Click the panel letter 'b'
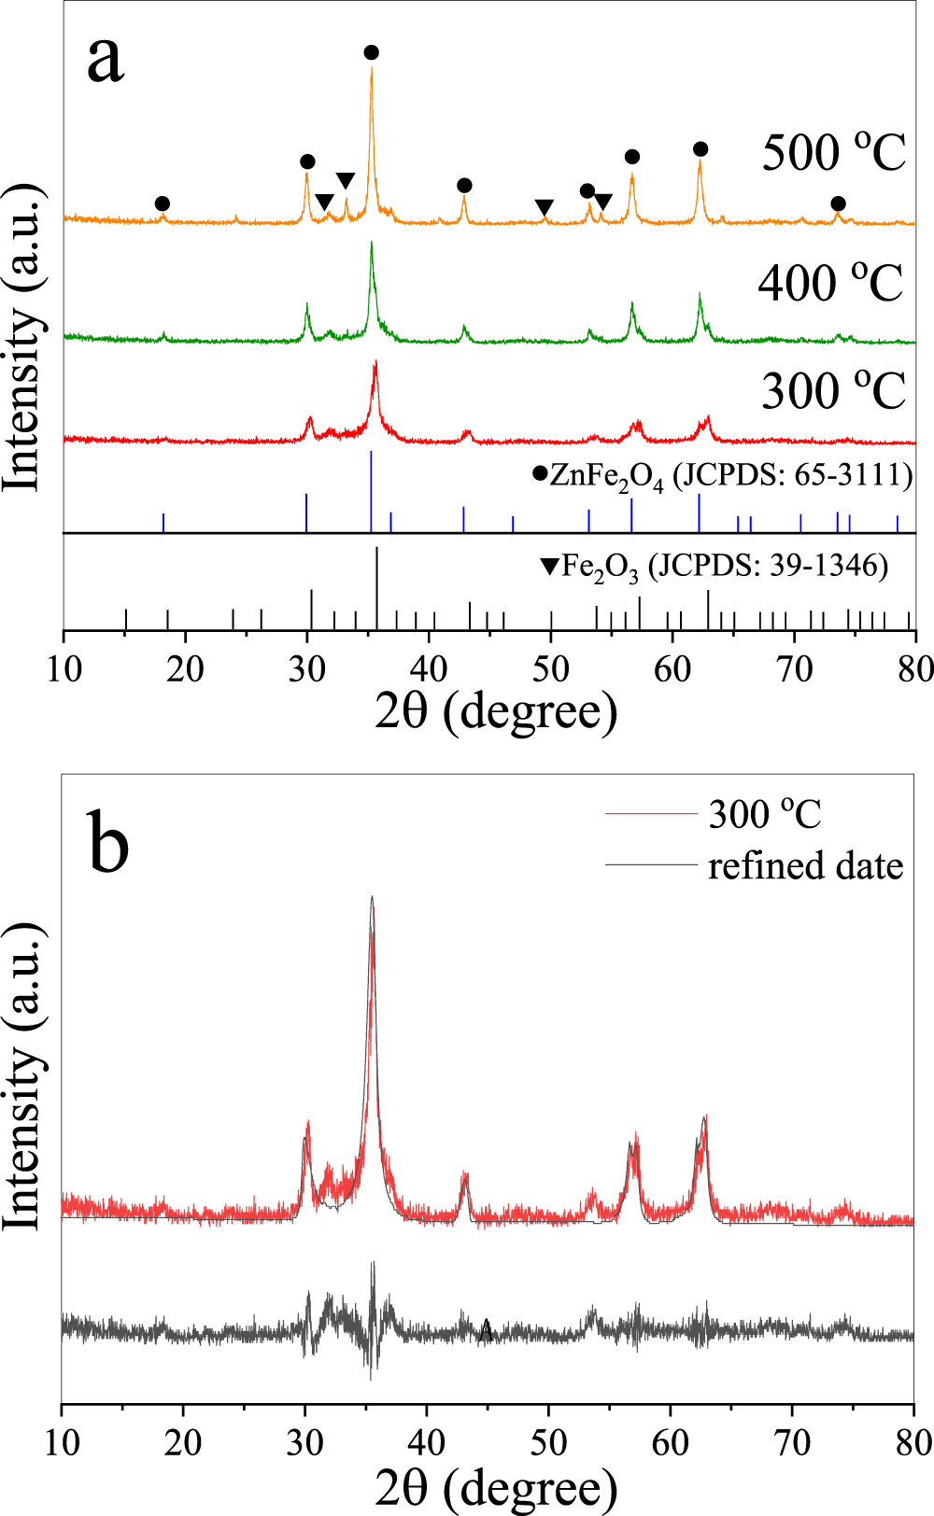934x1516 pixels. (109, 841)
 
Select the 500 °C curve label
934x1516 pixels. (833, 152)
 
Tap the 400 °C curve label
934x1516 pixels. (830, 282)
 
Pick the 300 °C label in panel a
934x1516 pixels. (833, 390)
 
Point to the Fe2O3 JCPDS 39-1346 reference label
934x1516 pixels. (715, 566)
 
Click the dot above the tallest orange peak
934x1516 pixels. (372, 52)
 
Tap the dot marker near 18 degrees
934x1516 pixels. (163, 204)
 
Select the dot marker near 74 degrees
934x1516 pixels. (838, 204)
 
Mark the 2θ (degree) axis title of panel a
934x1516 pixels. (496, 711)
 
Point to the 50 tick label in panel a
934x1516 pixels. (551, 668)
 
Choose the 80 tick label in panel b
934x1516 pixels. (913, 1442)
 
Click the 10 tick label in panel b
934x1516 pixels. (62, 1442)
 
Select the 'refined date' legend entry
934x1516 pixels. (805, 866)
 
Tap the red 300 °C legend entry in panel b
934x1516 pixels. (764, 815)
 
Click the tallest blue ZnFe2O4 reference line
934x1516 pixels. (372, 491)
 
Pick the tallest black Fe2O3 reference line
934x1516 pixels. (376, 588)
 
